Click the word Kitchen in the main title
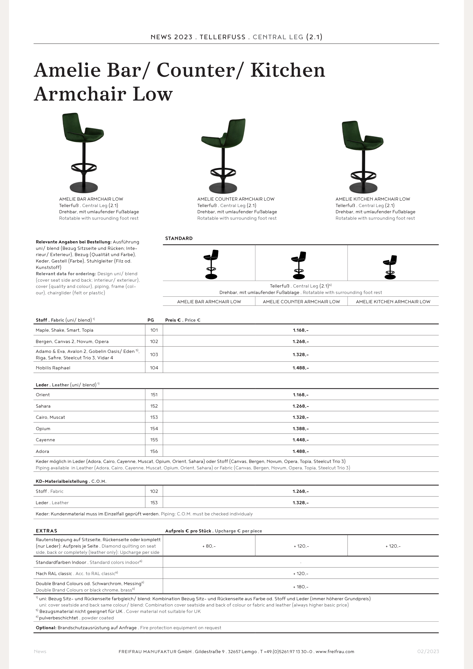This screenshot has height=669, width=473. click(x=287, y=70)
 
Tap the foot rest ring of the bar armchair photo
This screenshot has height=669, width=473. click(x=84, y=168)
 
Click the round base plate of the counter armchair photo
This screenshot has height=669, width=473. click(x=223, y=188)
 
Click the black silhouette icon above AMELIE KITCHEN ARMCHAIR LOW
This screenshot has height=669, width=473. click(x=390, y=267)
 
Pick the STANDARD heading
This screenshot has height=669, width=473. click(x=179, y=238)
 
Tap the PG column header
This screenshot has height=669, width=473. click(x=151, y=320)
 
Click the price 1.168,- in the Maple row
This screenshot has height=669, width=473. click(x=300, y=330)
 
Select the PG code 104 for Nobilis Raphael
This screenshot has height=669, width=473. click(x=154, y=368)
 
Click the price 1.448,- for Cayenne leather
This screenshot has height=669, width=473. click(x=300, y=440)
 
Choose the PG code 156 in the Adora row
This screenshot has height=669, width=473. click(x=154, y=451)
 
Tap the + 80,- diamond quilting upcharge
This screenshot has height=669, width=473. click(x=209, y=546)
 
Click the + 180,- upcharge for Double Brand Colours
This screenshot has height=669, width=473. click(x=300, y=587)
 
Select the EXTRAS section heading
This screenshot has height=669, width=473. click(x=47, y=531)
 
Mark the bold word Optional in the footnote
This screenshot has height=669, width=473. click(x=46, y=628)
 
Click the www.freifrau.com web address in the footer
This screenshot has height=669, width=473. click(x=335, y=652)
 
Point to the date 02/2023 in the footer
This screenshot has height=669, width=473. click(x=428, y=652)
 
